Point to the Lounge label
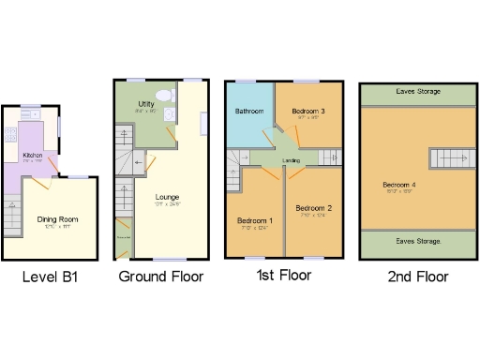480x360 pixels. [x=156, y=198]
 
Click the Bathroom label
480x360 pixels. [x=248, y=112]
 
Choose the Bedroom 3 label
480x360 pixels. [x=307, y=111]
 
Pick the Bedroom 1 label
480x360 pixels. [x=254, y=221]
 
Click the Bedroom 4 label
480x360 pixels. [x=398, y=185]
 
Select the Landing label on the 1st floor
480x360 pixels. [x=291, y=159]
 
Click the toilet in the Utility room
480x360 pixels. [x=164, y=95]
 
